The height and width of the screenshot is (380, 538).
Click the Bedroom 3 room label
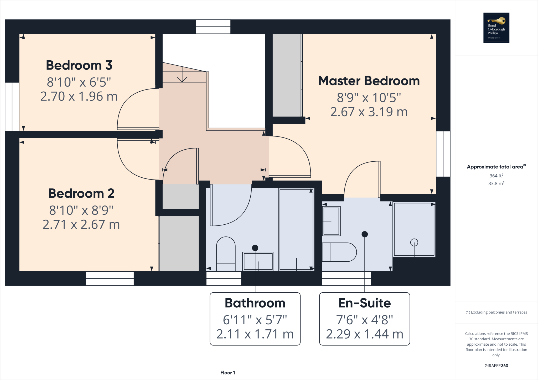coord(79,65)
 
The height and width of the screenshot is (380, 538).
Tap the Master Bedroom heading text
coord(369,81)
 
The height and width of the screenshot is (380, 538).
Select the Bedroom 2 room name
coord(81,194)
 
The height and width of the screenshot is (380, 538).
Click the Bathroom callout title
coord(255,303)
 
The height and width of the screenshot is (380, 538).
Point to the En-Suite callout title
coord(364,303)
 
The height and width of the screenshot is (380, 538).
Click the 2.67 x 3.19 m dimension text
coord(369,112)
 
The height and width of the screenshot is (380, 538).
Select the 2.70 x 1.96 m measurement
coord(79,97)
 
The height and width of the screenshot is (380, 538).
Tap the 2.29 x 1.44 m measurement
coord(364,334)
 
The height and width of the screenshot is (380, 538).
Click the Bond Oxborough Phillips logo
coord(496,28)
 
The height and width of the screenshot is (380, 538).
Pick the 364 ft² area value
coord(496,176)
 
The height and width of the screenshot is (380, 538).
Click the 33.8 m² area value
coord(496,183)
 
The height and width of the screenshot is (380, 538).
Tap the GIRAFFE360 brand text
coord(496,366)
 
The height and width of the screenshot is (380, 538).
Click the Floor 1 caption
coord(227,373)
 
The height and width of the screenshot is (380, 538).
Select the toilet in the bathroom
coord(226,253)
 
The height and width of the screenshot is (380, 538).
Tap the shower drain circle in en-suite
coord(414,242)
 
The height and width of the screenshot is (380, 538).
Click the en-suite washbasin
coord(331,221)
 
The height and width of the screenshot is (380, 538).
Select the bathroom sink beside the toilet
coord(258,261)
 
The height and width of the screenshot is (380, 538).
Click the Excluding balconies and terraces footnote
coord(496,312)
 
